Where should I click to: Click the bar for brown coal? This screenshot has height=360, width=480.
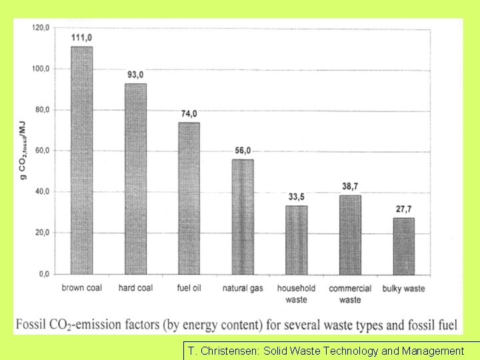(82, 160)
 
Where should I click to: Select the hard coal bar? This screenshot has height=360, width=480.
(135, 179)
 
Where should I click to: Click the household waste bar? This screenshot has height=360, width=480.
(296, 240)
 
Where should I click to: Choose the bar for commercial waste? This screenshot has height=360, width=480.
(350, 235)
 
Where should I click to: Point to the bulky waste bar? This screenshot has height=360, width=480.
(403, 246)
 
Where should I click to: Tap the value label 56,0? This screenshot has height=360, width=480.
(243, 151)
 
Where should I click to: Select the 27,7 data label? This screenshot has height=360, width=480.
(403, 209)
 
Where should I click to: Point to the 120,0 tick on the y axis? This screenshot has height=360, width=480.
(41, 28)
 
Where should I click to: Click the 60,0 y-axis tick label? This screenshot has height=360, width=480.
(42, 151)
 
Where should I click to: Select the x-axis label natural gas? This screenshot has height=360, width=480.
(243, 289)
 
